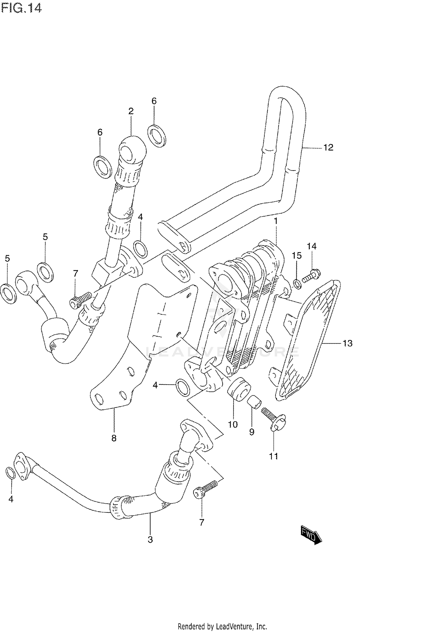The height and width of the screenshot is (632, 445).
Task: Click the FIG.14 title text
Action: (21, 8)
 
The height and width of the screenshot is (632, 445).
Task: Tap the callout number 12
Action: (328, 147)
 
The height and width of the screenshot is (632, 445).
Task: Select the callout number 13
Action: (347, 343)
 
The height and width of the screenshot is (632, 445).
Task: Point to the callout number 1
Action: (276, 221)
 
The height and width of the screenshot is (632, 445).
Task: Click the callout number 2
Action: (131, 111)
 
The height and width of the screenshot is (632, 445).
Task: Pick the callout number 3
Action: (150, 539)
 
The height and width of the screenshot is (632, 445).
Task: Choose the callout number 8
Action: (114, 438)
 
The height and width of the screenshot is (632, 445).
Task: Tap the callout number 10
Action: (233, 424)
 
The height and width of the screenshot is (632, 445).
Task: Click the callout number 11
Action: (274, 456)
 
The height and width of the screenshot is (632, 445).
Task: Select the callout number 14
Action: (311, 246)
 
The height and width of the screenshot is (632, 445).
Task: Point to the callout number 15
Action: (297, 255)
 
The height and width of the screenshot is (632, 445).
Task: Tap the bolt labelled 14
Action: (310, 275)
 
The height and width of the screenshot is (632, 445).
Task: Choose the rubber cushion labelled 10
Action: (239, 389)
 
